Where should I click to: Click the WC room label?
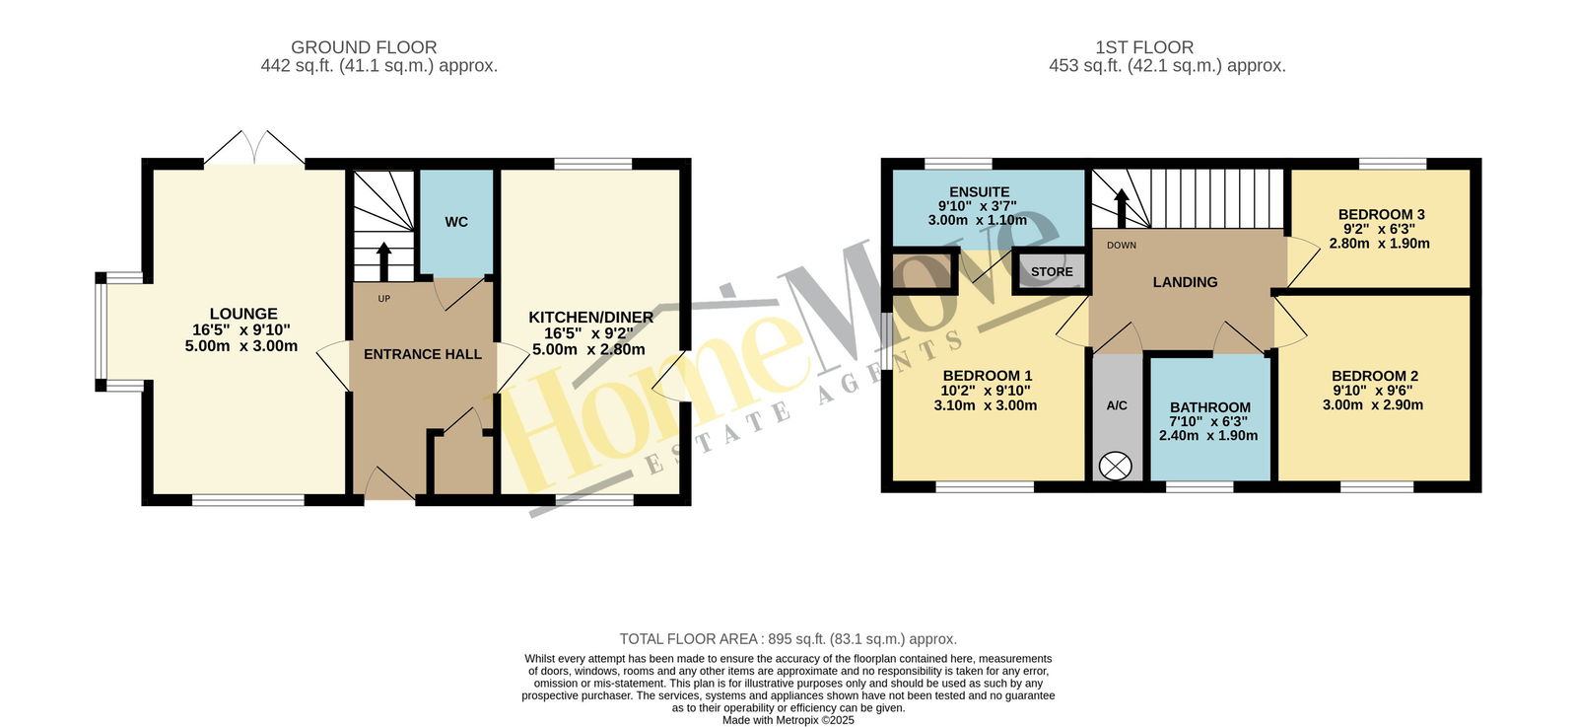pos(456,222)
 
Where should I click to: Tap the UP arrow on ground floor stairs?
pos(383,261)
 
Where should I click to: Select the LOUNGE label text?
pos(243,314)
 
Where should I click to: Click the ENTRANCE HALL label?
pos(423,354)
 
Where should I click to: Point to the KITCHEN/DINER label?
pos(590,318)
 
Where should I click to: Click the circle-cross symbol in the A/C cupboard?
pos(1115,466)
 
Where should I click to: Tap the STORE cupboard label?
pos(1052,272)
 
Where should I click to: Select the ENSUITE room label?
pos(980,191)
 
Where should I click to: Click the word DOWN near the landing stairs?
pos(1122,246)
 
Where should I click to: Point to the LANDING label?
pos(1185,282)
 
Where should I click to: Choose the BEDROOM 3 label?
pos(1381,214)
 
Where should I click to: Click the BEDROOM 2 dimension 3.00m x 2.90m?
pos(1373,405)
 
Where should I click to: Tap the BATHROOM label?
pos(1210,407)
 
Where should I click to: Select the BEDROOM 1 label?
pos(987,376)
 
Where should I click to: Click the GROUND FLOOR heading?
pos(364,47)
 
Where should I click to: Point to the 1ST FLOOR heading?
pos(1144,47)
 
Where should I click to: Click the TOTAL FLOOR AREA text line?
pos(788,639)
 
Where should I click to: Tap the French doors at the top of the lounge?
pos(255,149)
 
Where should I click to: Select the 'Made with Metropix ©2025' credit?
pos(788,720)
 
